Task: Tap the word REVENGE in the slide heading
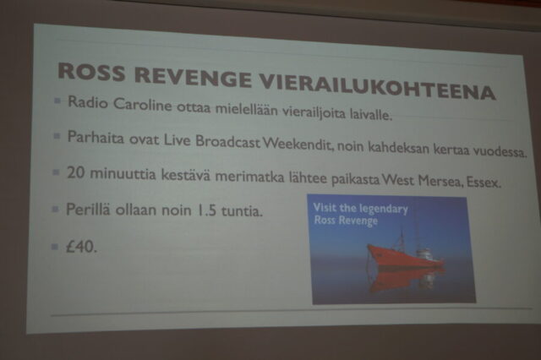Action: (194, 78)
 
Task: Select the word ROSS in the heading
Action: (91, 72)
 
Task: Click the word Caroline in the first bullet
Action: (143, 104)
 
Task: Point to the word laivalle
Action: (371, 114)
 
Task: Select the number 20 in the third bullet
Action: (75, 172)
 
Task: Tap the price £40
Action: (81, 247)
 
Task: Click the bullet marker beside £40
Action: (55, 246)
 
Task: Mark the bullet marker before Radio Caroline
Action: (57, 101)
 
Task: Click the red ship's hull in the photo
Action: (404, 258)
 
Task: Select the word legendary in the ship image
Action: (384, 210)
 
